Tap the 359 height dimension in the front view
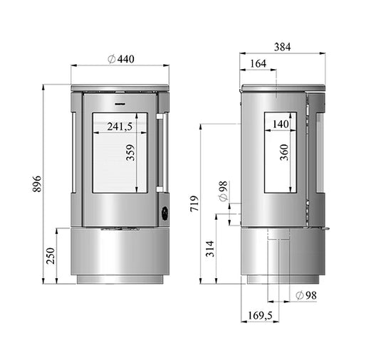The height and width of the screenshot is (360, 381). (x=130, y=154)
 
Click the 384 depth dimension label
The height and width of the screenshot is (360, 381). (x=282, y=47)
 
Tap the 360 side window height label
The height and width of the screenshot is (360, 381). (x=285, y=154)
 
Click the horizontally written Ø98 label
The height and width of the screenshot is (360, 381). (x=305, y=295)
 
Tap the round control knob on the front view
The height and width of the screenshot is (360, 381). (x=165, y=211)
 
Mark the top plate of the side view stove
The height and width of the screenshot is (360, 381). (x=283, y=89)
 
